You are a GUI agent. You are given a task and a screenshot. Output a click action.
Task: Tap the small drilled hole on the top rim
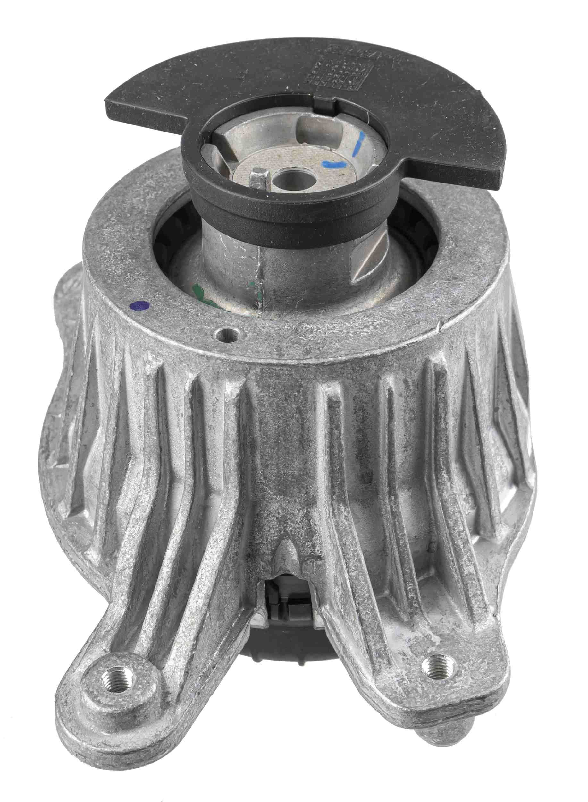tap(226, 335)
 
